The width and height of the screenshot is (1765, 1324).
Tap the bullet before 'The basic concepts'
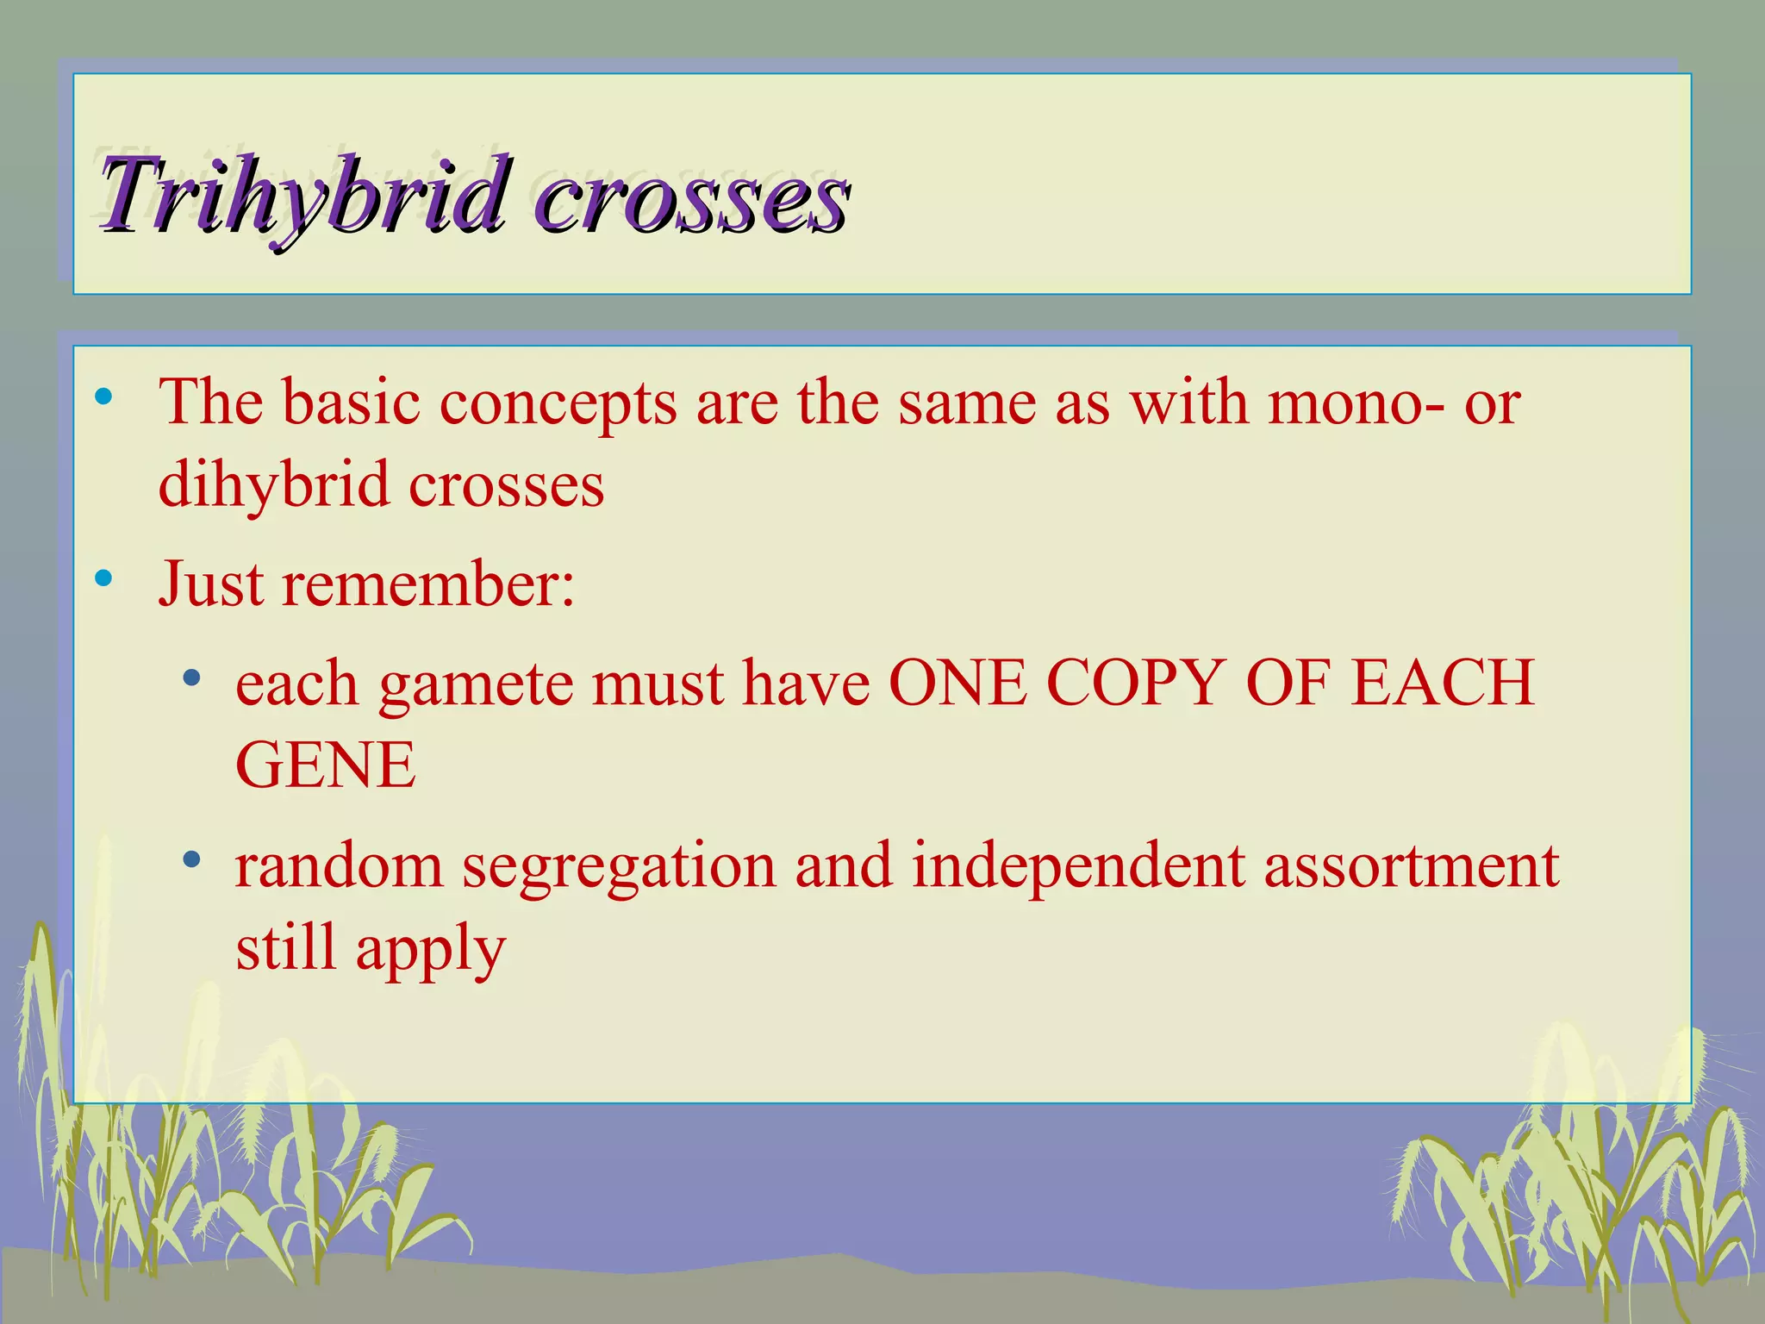click(104, 397)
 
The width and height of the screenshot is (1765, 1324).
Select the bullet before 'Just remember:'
click(104, 579)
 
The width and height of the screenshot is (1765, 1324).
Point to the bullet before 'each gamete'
click(192, 678)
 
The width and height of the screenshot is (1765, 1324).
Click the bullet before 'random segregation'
click(192, 859)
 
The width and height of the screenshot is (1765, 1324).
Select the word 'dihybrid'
click(273, 484)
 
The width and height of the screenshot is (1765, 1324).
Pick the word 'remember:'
click(428, 585)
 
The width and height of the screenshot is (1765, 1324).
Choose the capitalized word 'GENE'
click(326, 765)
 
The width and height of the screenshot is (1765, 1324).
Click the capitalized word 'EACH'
click(1443, 683)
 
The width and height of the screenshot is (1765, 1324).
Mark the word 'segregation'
click(619, 867)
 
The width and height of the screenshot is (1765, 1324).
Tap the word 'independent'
click(1078, 865)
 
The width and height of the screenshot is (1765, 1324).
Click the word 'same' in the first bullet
click(967, 403)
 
